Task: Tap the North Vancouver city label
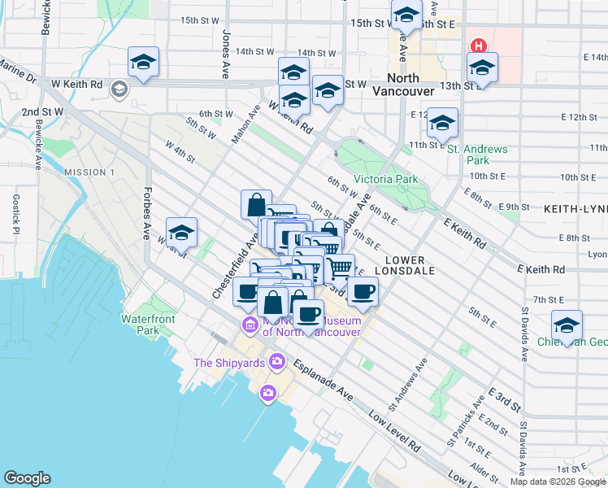click(x=403, y=85)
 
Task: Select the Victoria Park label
click(x=385, y=179)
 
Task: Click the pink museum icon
click(x=249, y=326)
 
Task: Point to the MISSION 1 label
click(x=89, y=172)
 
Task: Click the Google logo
click(x=27, y=478)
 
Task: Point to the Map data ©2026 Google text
click(x=558, y=481)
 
